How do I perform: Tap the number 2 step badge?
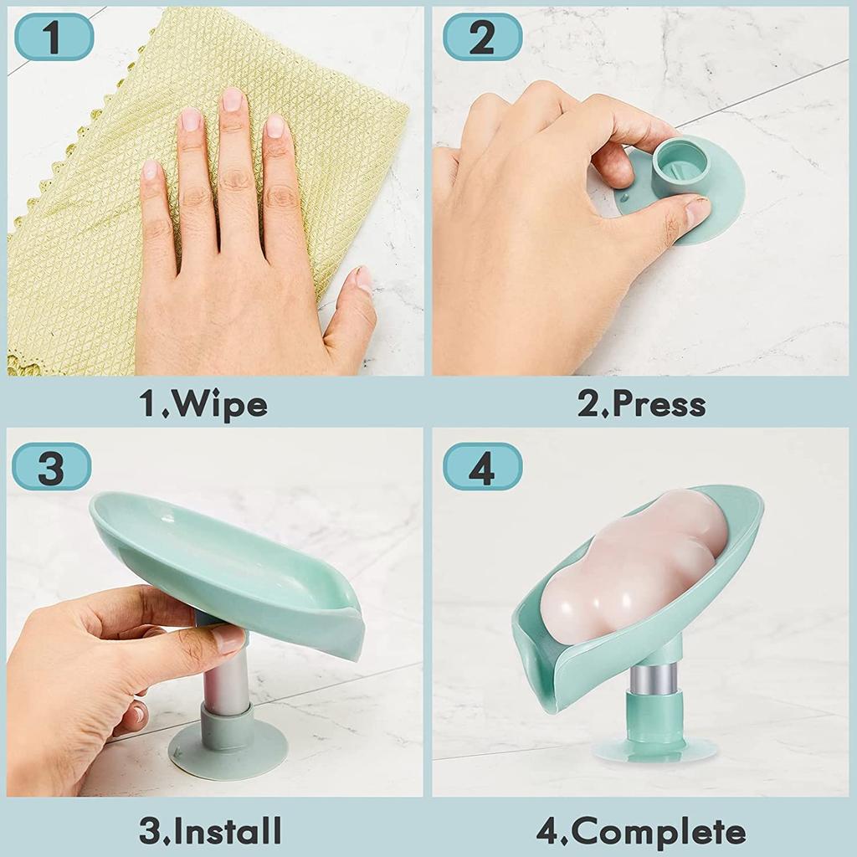tap(482, 37)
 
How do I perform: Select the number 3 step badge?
tap(50, 467)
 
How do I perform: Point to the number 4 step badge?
tap(482, 467)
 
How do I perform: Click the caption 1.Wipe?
tap(203, 404)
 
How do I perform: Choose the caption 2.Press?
tap(641, 404)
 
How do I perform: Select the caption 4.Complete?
tap(641, 832)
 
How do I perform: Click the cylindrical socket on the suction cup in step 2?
tap(680, 165)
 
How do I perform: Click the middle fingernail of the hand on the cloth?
tap(232, 100)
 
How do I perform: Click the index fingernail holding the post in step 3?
tap(228, 640)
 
